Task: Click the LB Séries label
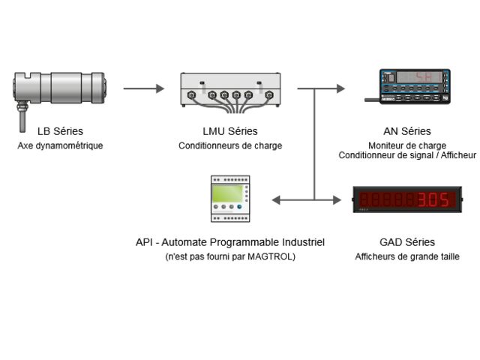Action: pyautogui.click(x=60, y=132)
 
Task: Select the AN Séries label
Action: pyautogui.click(x=407, y=132)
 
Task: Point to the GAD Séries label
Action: pyautogui.click(x=407, y=242)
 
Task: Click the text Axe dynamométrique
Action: pyautogui.click(x=60, y=145)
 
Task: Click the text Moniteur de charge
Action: pyautogui.click(x=407, y=145)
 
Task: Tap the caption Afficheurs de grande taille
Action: pyautogui.click(x=407, y=256)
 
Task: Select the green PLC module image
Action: pyautogui.click(x=230, y=198)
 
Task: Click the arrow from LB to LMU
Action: pyautogui.click(x=143, y=88)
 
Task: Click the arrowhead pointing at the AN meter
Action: pyautogui.click(x=341, y=88)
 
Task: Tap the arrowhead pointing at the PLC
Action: pyautogui.click(x=276, y=199)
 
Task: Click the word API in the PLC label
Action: pyautogui.click(x=144, y=242)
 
